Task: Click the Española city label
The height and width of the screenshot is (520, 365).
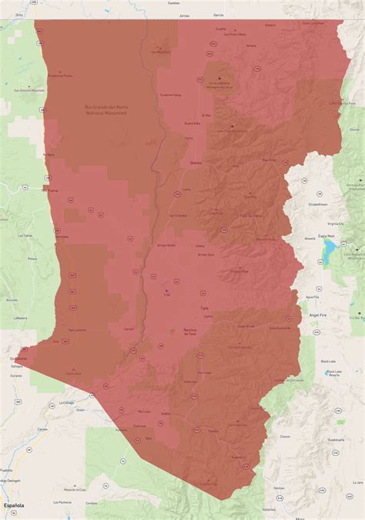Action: pyautogui.click(x=13, y=505)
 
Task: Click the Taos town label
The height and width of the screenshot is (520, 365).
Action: pyautogui.click(x=204, y=308)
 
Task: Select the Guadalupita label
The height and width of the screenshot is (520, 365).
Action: pyautogui.click(x=335, y=440)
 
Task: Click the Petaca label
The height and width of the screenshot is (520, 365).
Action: pyautogui.click(x=33, y=260)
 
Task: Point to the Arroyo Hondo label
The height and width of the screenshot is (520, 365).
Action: pyautogui.click(x=166, y=245)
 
